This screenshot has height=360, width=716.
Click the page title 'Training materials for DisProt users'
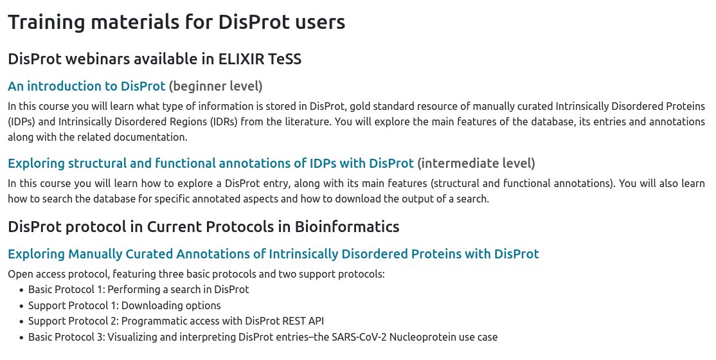click(176, 22)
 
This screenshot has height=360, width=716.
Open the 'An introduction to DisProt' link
click(86, 85)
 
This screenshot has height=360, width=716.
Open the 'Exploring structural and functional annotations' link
click(211, 163)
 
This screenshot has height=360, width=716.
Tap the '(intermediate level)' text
click(476, 163)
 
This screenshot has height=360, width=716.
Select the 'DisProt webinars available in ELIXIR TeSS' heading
click(154, 59)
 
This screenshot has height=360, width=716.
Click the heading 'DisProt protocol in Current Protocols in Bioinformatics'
click(203, 226)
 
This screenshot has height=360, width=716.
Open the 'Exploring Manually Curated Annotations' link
click(273, 254)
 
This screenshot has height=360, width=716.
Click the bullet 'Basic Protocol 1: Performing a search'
click(138, 289)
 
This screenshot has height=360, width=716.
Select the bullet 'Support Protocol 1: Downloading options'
click(124, 305)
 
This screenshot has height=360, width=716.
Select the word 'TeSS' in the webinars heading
click(282, 59)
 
